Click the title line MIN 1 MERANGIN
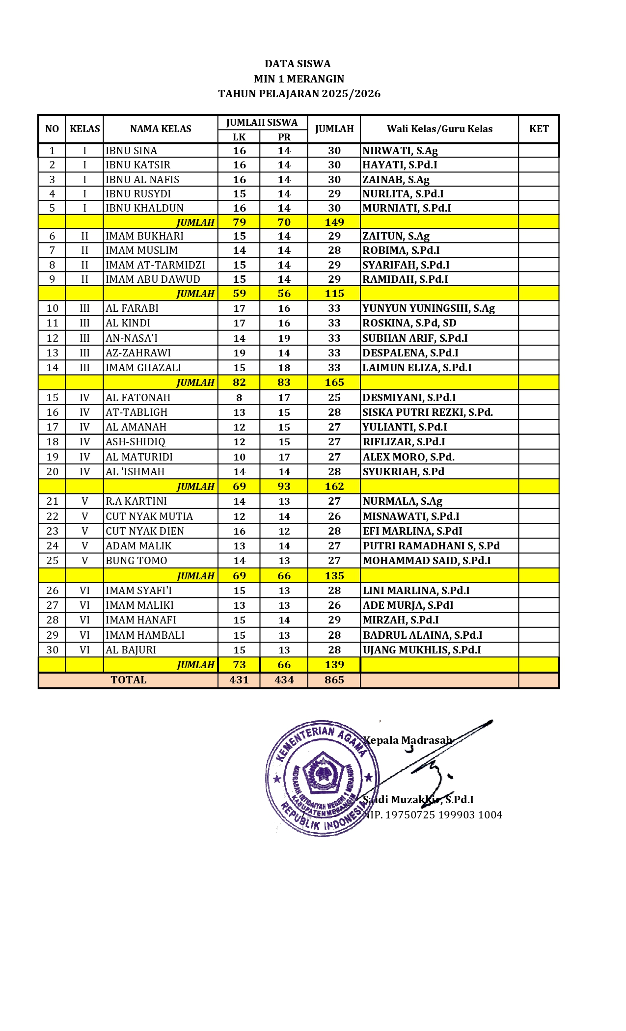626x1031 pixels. [x=299, y=79]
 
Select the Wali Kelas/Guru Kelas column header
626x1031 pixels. [x=439, y=129]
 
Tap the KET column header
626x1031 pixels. [x=539, y=129]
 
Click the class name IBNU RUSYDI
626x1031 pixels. [x=138, y=193]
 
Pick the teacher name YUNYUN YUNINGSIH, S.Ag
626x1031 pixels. [x=428, y=308]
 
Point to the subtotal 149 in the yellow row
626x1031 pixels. [x=334, y=222]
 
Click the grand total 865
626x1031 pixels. [x=334, y=680]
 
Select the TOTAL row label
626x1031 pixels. [x=129, y=680]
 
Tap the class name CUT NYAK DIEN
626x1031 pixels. [x=145, y=531]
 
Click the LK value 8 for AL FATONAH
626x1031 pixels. [x=239, y=398]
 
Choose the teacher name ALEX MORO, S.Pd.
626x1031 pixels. [x=408, y=457]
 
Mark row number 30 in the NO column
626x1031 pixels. [x=53, y=650]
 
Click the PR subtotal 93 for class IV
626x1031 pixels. [x=284, y=487]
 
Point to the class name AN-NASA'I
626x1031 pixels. [x=132, y=338]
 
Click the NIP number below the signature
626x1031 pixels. [x=434, y=815]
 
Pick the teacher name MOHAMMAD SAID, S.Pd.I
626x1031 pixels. [x=426, y=561]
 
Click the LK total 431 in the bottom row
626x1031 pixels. [x=239, y=680]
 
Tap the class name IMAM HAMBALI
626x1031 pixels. [x=145, y=635]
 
